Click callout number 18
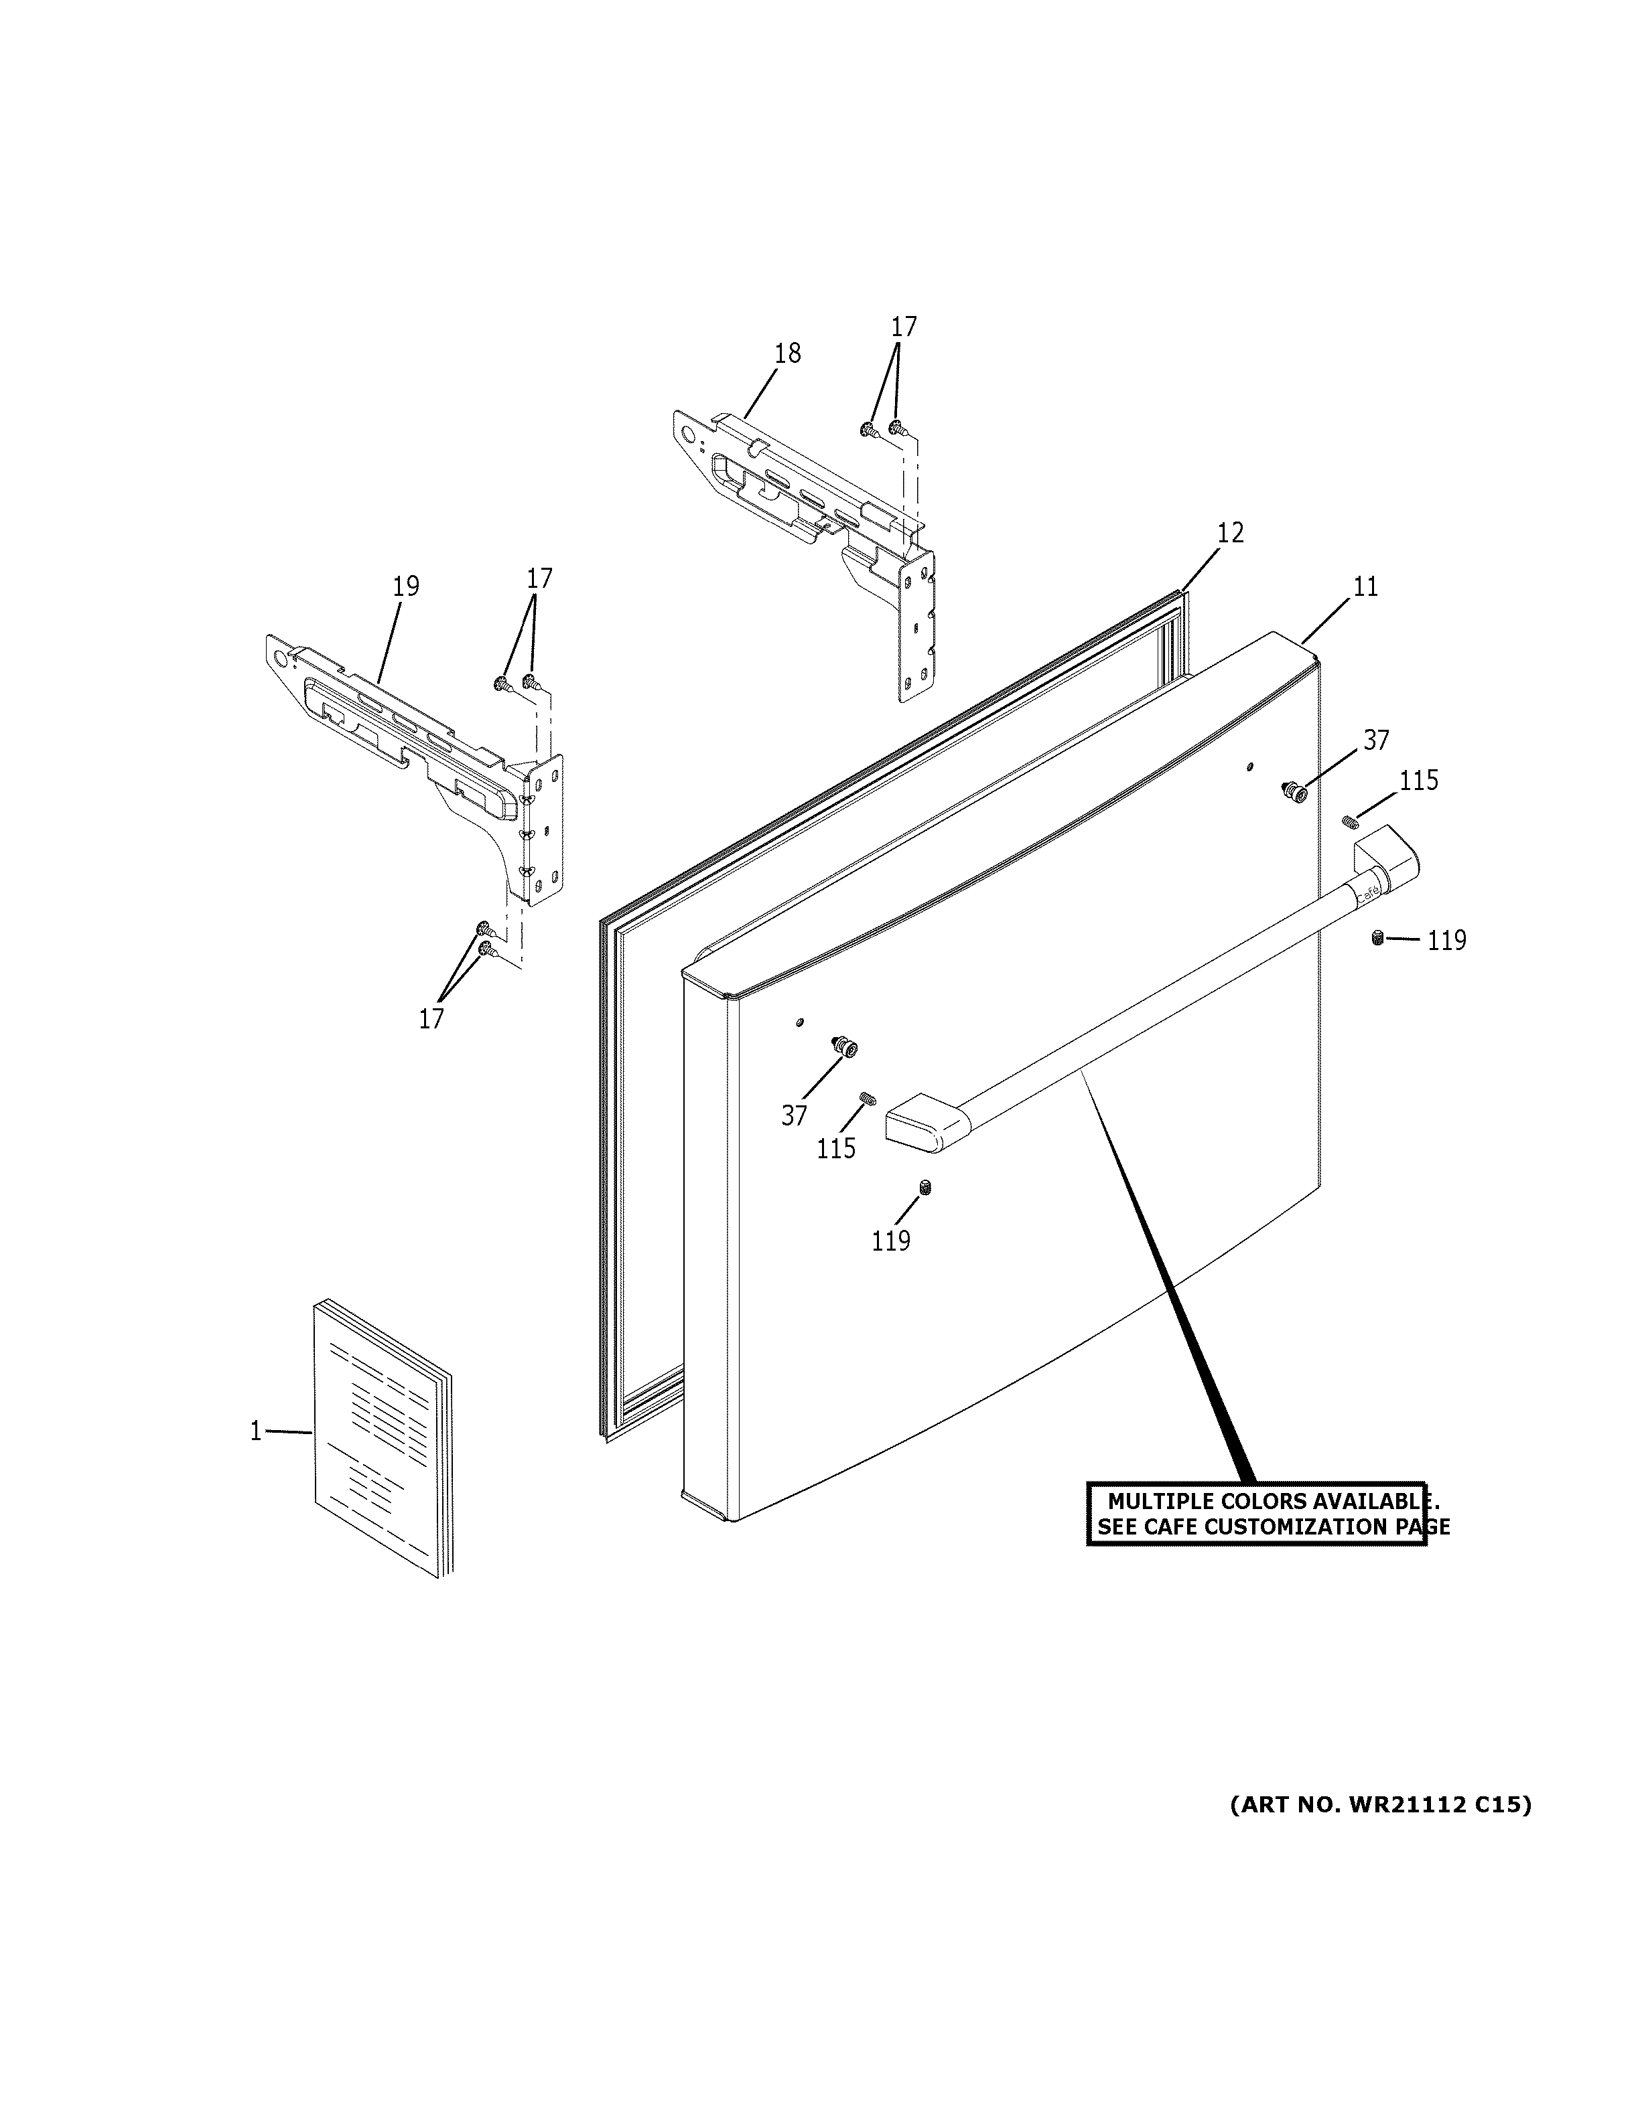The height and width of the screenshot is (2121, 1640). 787,353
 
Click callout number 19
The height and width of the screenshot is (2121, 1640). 405,586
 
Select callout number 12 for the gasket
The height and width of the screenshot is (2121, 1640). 1229,532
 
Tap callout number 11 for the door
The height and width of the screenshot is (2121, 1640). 1365,586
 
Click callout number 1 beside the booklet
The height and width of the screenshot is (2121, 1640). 255,1431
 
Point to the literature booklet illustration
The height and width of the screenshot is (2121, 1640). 383,1438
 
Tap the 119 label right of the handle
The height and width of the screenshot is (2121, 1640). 1446,940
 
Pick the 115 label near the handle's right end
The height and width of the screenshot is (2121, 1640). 1418,781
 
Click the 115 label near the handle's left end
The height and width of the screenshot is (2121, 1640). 835,1149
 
